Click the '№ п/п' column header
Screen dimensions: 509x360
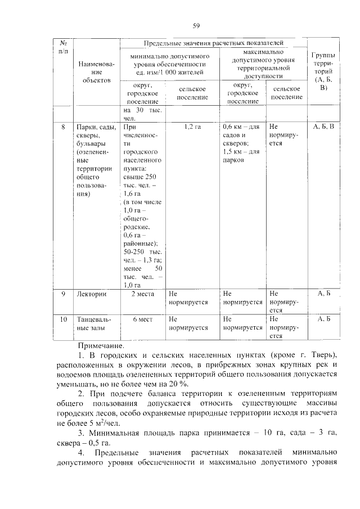64,47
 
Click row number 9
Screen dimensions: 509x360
64,294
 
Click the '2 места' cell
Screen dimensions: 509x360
141,294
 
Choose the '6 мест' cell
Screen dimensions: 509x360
143,319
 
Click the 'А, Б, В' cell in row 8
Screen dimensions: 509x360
323,127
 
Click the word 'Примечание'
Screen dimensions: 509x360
101,346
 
